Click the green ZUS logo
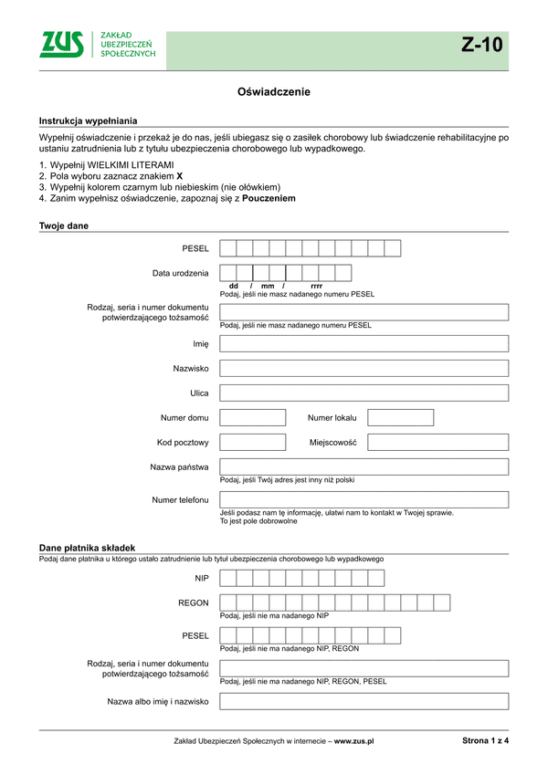click(x=61, y=45)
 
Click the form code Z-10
click(x=481, y=47)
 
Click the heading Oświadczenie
click(x=274, y=92)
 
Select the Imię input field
click(x=364, y=344)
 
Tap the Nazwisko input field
click(x=364, y=369)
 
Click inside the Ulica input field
click(x=364, y=393)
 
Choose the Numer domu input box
click(x=253, y=418)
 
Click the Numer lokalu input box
click(x=400, y=418)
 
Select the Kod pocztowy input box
click(x=253, y=443)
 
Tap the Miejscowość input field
click(x=437, y=443)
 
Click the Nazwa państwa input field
click(x=364, y=467)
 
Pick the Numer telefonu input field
click(x=364, y=500)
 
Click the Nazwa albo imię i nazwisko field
click(x=364, y=702)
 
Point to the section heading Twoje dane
click(x=64, y=225)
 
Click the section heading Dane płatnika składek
click(x=87, y=548)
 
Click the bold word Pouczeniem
click(x=269, y=198)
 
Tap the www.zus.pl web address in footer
click(x=354, y=742)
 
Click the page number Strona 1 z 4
click(x=485, y=741)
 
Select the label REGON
click(x=193, y=603)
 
